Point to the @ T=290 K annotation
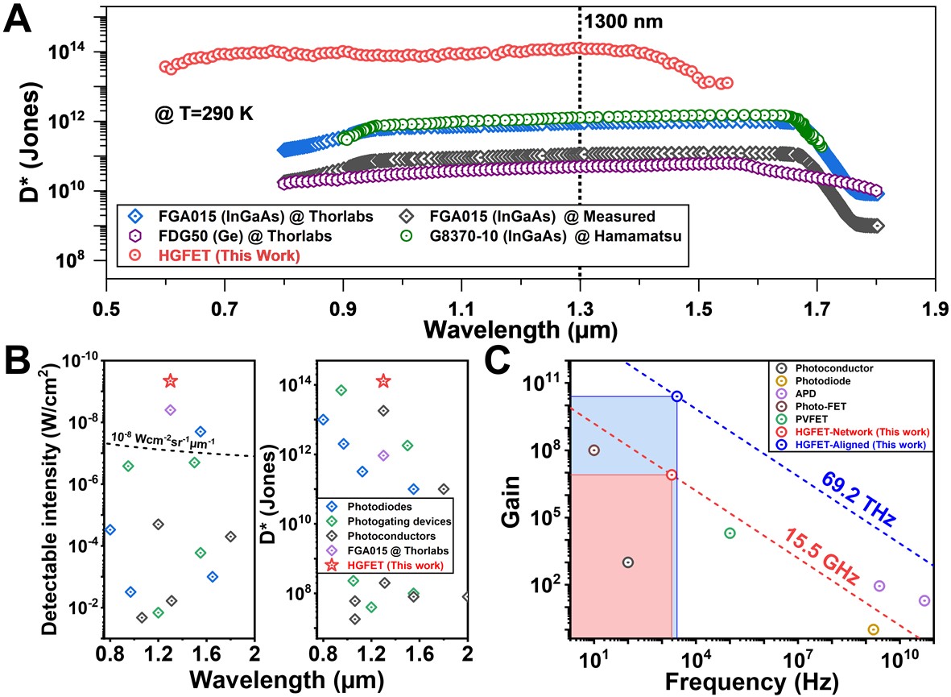click(205, 114)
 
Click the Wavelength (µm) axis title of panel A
click(522, 330)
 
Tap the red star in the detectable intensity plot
click(170, 380)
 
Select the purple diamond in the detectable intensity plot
click(170, 410)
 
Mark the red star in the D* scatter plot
click(384, 380)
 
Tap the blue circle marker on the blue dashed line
click(677, 396)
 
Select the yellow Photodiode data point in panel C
click(874, 629)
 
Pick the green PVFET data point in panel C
click(730, 533)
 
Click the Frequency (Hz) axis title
click(751, 682)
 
